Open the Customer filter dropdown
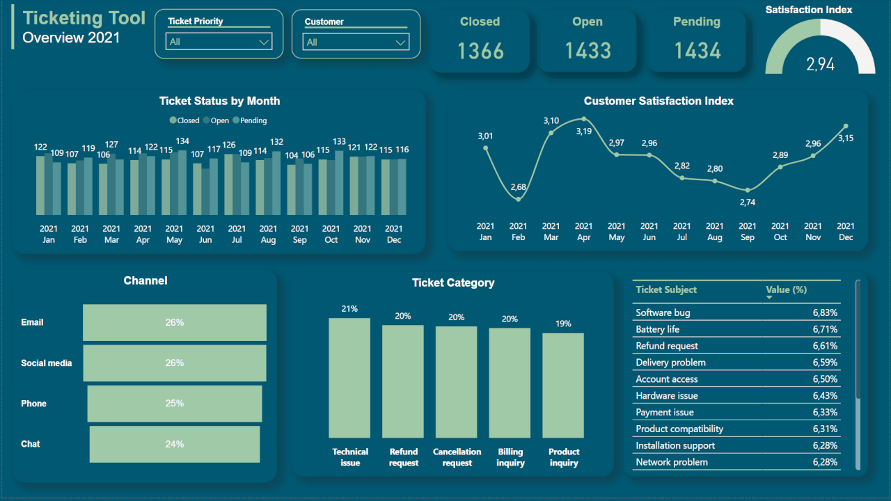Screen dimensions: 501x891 (356, 42)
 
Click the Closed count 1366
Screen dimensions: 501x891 (480, 51)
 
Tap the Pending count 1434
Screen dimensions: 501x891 (697, 51)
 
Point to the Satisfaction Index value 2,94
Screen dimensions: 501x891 (820, 64)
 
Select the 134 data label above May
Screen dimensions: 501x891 (182, 141)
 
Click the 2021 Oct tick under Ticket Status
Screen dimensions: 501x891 (331, 234)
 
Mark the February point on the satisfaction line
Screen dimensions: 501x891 (519, 200)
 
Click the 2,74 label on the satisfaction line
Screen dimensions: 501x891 (748, 202)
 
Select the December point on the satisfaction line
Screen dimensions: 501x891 (846, 126)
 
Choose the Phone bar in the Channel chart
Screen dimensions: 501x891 (175, 404)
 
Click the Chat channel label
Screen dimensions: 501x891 (31, 444)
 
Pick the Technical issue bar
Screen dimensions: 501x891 (349, 378)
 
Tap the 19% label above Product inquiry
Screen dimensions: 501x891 (563, 324)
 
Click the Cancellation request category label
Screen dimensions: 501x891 (457, 457)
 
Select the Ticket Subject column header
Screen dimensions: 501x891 (666, 289)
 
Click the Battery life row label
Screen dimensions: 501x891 (657, 329)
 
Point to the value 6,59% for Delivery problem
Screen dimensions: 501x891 (825, 363)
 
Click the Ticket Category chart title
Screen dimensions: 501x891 (453, 283)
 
